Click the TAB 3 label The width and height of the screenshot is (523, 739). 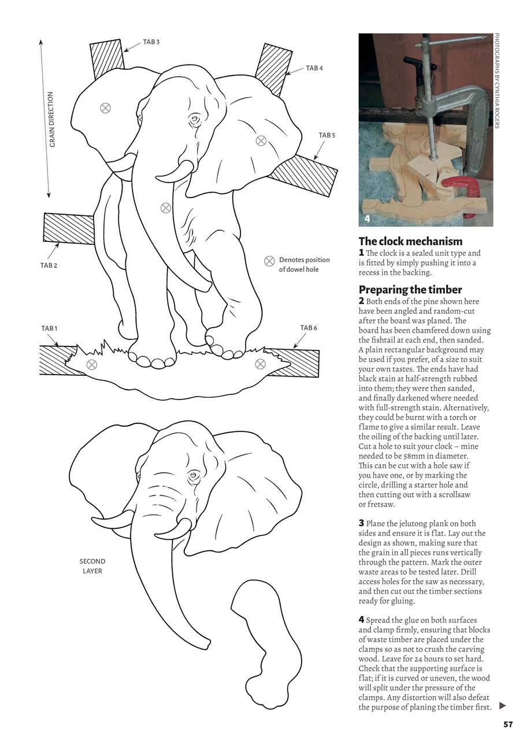pos(151,42)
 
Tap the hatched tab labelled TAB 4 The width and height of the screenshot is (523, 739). pos(273,68)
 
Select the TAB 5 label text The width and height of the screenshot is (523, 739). pos(327,135)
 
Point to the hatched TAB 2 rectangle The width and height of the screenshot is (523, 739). pos(68,228)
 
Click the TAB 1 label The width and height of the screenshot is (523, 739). pos(49,329)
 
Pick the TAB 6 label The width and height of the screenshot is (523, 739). pos(309,328)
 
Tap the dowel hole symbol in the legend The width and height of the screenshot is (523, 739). pos(269,261)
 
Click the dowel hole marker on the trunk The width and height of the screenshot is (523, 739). pos(166,208)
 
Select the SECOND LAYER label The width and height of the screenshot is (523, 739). pos(92,566)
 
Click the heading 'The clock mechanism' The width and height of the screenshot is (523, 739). pos(410,241)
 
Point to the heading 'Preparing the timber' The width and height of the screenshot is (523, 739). pos(410,289)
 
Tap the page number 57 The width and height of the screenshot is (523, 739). pos(508,725)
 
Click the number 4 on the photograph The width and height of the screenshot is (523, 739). pos(368,219)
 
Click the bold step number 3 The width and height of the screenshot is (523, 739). pos(361,524)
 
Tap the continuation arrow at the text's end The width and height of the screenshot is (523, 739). pos(502,706)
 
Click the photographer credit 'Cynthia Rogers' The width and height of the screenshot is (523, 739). pos(496,104)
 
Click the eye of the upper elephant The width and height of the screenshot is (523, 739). pos(194,120)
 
